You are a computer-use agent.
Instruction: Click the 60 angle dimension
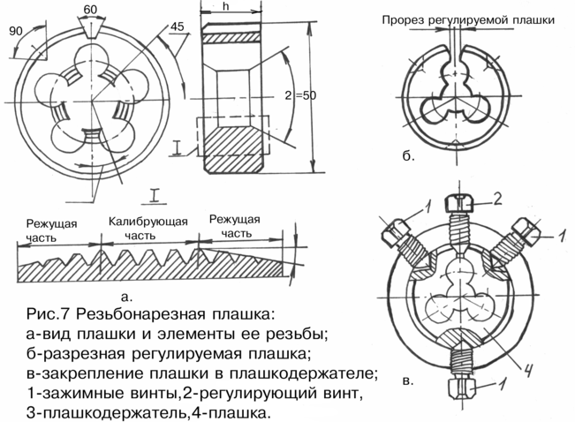click(89, 9)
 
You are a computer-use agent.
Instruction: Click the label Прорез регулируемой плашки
click(468, 19)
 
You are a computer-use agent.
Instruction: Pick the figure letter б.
click(408, 156)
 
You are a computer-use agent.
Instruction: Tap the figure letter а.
click(125, 297)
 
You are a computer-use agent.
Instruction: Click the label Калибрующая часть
click(148, 228)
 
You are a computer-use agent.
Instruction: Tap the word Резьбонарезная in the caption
click(140, 314)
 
